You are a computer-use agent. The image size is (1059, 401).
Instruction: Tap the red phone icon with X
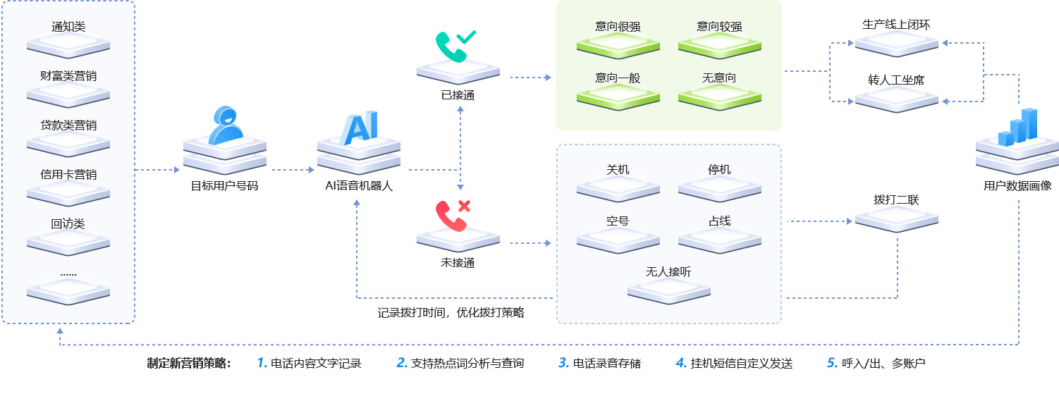(453, 215)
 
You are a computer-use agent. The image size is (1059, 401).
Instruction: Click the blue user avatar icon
(226, 125)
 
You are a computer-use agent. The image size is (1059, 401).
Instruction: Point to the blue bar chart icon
(1017, 128)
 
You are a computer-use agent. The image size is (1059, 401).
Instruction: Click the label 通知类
(68, 27)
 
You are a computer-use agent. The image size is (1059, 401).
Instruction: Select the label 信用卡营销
(68, 174)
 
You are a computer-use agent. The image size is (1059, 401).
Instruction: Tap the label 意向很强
(618, 27)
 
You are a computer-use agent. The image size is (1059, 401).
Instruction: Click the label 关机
(618, 170)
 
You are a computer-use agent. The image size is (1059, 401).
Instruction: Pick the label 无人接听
(668, 271)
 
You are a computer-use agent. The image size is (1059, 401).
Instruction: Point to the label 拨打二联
(896, 200)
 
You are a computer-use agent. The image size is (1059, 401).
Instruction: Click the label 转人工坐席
(896, 80)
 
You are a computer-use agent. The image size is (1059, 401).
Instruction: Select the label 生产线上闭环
(896, 25)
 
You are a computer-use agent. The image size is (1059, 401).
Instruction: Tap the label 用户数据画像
(1017, 186)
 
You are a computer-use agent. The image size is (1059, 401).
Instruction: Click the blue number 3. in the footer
(563, 363)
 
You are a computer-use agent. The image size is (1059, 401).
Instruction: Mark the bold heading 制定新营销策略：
(189, 364)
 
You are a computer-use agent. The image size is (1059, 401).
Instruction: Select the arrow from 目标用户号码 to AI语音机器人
(292, 170)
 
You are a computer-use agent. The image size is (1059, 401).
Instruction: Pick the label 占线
(719, 221)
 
